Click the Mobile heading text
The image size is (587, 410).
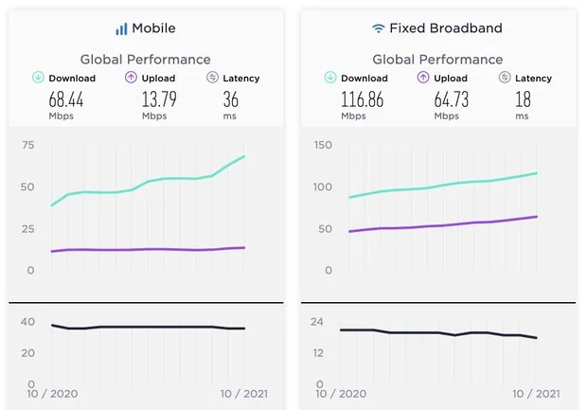[x=153, y=28]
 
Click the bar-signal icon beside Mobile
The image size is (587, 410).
[x=121, y=28]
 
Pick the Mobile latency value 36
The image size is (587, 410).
[x=231, y=98]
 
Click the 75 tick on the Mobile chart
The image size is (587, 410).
[x=28, y=145]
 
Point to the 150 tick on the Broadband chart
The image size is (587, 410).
[x=322, y=145]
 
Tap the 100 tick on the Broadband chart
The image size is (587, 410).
[x=322, y=187]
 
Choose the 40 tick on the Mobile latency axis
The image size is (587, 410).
[x=28, y=322]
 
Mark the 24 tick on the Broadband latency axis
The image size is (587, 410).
[x=318, y=322]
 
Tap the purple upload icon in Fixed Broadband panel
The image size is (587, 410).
[x=423, y=78]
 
